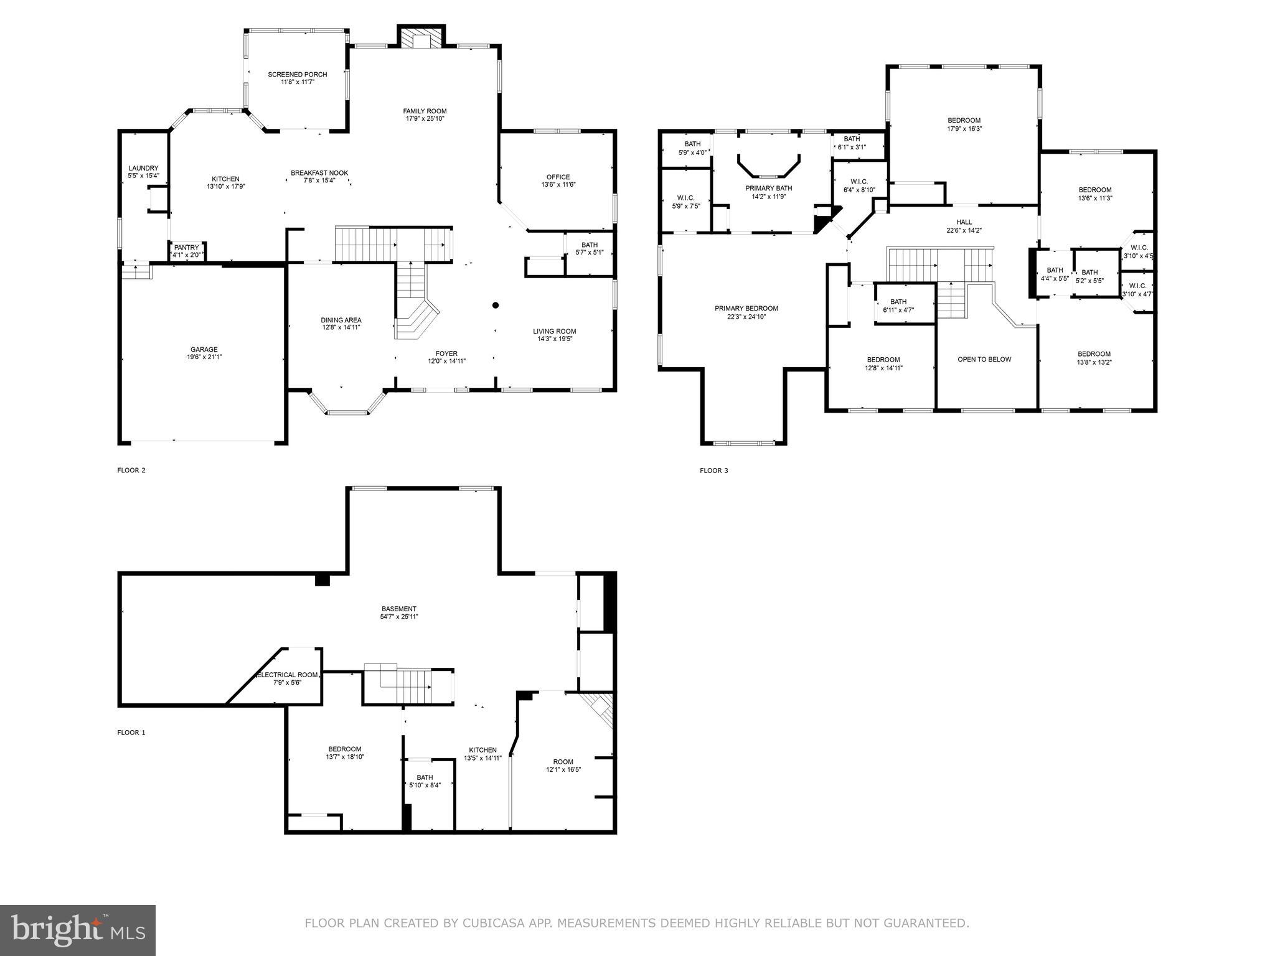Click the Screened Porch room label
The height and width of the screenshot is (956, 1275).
[297, 75]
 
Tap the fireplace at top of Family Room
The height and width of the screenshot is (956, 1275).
[421, 39]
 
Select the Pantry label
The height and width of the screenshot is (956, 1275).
[186, 248]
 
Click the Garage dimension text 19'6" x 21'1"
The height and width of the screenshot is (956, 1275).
[204, 357]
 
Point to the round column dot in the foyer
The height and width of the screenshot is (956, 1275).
[496, 305]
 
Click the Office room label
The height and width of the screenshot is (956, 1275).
[558, 177]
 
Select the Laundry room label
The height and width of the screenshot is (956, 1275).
[143, 168]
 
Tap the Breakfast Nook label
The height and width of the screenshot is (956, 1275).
[319, 173]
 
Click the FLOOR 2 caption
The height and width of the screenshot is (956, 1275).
[131, 471]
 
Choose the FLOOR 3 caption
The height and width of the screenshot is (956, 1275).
[713, 471]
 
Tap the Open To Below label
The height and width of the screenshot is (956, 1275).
[984, 359]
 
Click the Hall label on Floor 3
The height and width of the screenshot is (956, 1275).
[964, 222]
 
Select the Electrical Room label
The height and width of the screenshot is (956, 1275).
[287, 675]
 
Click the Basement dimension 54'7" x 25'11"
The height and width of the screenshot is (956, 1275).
[399, 617]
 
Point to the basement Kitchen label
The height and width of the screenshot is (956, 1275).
[482, 750]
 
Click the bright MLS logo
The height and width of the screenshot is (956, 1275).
[78, 930]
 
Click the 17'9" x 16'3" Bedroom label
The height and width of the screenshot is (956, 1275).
[964, 121]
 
